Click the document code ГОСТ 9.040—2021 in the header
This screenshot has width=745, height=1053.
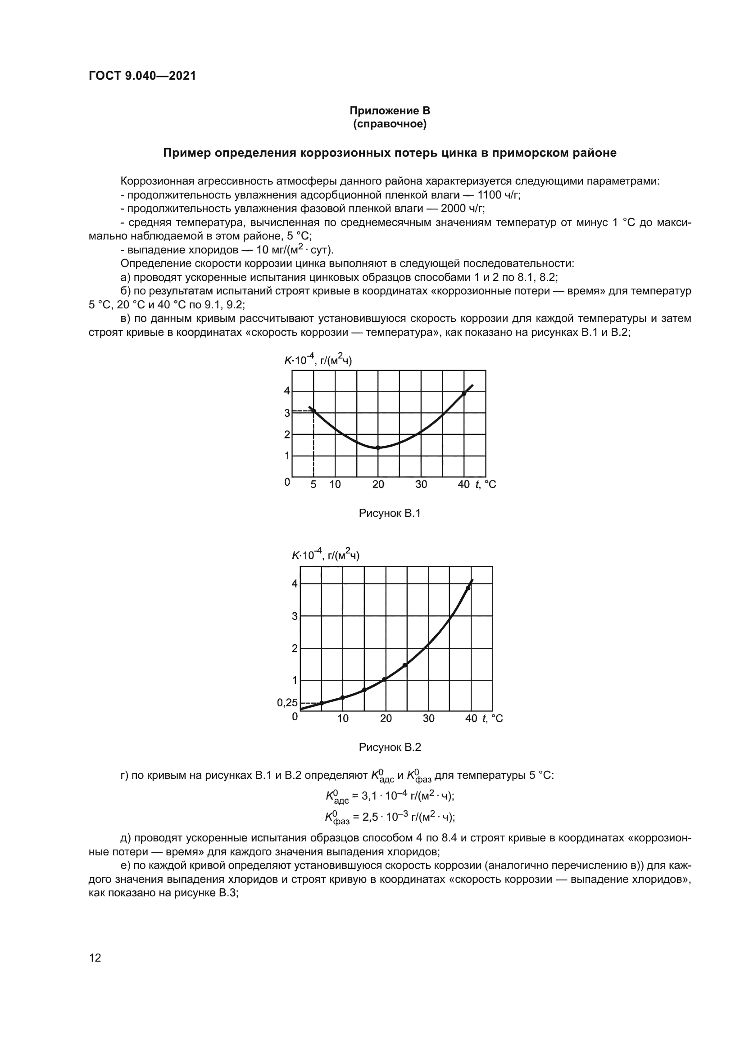[142, 76]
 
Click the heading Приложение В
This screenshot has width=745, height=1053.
[390, 111]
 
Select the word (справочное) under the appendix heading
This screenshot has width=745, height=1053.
[390, 124]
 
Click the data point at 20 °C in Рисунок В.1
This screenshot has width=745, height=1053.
[378, 447]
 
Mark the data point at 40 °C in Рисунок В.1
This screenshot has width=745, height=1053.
[464, 393]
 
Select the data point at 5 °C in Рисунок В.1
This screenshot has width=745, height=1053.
[314, 411]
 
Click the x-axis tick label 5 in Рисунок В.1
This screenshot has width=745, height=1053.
[313, 484]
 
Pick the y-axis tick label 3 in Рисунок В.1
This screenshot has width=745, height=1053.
[287, 413]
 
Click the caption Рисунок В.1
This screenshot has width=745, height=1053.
[390, 513]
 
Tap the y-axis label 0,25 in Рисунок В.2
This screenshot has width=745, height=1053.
[287, 703]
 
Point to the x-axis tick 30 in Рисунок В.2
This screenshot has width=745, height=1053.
[428, 718]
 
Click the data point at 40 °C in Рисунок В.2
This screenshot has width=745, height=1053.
[468, 588]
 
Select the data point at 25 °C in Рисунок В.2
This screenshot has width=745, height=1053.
[404, 665]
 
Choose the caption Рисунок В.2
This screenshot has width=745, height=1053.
[390, 747]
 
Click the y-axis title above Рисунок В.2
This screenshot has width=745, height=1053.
[326, 555]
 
